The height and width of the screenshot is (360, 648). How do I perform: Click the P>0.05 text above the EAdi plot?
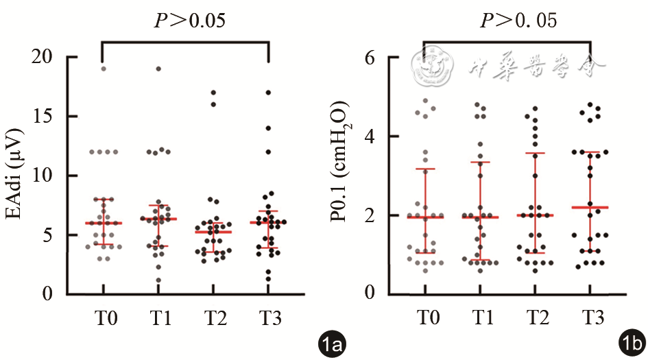pos(189,21)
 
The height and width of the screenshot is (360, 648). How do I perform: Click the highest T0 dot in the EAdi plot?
pos(104,69)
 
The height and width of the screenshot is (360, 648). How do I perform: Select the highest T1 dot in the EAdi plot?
pos(158,69)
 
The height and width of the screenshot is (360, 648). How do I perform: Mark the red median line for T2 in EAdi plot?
pos(213,232)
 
